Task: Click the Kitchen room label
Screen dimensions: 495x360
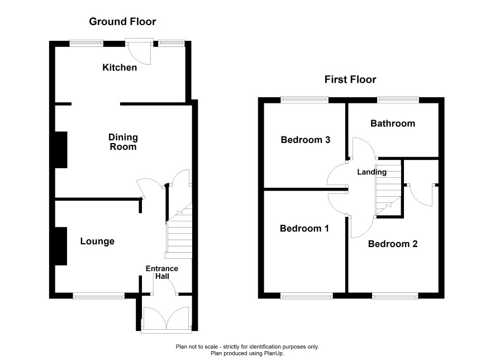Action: [x=120, y=67]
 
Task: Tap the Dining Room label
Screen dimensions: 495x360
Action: [x=123, y=142]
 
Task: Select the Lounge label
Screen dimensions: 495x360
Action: [x=97, y=241]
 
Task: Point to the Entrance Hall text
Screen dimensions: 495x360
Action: [x=162, y=272]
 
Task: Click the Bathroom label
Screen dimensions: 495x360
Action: [x=393, y=123]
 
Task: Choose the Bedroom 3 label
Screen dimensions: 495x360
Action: [x=305, y=140]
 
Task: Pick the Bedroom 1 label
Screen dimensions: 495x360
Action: [x=304, y=228]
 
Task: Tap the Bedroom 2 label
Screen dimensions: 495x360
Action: [x=393, y=244]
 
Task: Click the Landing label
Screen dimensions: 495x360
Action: [x=372, y=172]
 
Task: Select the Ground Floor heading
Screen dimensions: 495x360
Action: [x=122, y=21]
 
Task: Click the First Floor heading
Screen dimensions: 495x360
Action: [x=350, y=79]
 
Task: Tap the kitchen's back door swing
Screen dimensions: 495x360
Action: [x=139, y=52]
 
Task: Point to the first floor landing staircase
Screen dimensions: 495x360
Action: [x=388, y=190]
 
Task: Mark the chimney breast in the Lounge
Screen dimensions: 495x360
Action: [x=61, y=247]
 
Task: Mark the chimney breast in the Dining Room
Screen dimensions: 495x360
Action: [x=61, y=150]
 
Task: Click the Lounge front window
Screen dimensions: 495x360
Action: [x=99, y=296]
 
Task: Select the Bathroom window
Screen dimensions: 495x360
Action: [x=398, y=100]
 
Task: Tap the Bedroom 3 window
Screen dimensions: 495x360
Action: [x=304, y=100]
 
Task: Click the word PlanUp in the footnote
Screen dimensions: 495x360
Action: [x=275, y=353]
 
